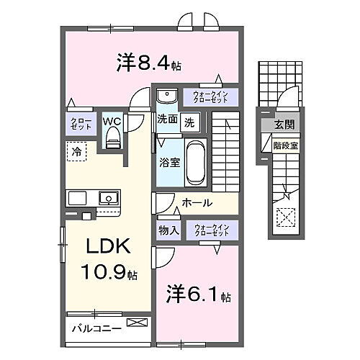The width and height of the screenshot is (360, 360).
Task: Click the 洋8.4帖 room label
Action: tap(148, 63)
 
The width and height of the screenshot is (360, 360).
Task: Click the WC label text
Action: tap(112, 122)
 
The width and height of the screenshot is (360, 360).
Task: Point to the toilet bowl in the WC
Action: tap(112, 141)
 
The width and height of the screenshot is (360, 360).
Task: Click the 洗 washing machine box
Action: tap(189, 122)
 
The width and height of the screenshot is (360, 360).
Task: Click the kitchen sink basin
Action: tap(108, 197)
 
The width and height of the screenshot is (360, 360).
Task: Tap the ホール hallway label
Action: tap(196, 203)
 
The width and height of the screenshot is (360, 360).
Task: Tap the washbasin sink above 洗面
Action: tap(166, 96)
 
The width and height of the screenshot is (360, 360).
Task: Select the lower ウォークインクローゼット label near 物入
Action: tap(210, 230)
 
